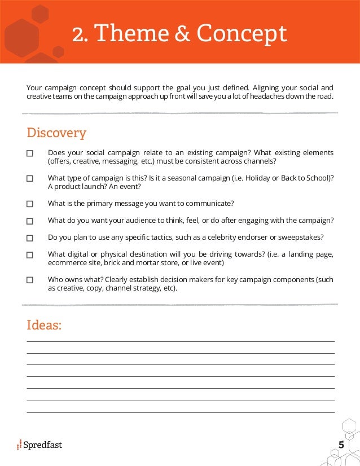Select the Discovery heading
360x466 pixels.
point(56,133)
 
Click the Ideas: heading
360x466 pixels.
point(44,326)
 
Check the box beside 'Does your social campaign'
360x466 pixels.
point(30,153)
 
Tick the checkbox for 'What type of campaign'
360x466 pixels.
point(30,178)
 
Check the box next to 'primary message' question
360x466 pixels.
point(30,204)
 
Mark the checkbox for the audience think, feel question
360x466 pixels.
point(30,221)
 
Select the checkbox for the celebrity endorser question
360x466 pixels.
point(30,238)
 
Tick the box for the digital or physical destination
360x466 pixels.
point(30,255)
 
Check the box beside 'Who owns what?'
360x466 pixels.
point(30,280)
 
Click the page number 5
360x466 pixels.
point(341,445)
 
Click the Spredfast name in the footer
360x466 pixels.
point(43,445)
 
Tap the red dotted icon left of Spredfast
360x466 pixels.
point(19,445)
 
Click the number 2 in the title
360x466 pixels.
point(77,34)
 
